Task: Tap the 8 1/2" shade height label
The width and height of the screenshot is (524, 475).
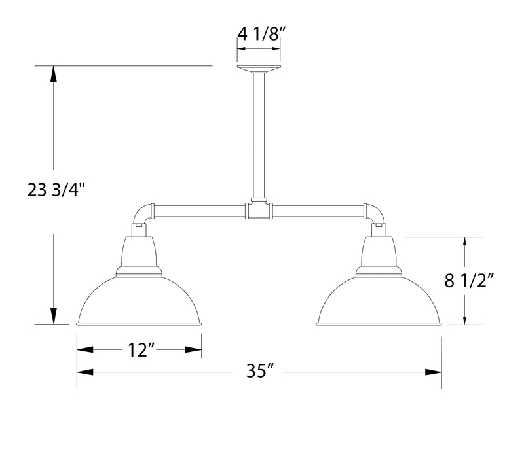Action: click(x=468, y=281)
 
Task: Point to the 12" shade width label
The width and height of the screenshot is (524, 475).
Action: click(x=140, y=350)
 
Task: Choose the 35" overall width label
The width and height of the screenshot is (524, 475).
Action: click(x=259, y=372)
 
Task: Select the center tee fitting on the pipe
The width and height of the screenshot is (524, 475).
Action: click(x=259, y=210)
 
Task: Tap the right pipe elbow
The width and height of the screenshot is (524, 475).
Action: click(x=375, y=213)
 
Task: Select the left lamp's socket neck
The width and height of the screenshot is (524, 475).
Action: click(x=140, y=252)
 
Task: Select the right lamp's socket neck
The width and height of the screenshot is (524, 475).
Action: click(x=378, y=252)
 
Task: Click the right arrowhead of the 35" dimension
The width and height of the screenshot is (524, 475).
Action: click(x=434, y=372)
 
